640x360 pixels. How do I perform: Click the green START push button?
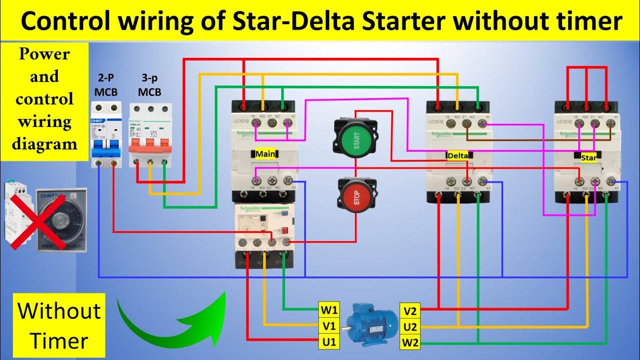tap(356, 136)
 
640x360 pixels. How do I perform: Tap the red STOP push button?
tap(356, 196)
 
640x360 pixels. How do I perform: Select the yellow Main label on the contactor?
tap(265, 154)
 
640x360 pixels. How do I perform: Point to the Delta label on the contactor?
tap(458, 155)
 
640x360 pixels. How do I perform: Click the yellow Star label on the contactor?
tap(588, 157)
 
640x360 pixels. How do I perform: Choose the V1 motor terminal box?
tap(329, 326)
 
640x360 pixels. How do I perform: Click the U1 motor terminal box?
tap(329, 342)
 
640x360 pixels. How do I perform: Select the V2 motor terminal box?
tap(410, 311)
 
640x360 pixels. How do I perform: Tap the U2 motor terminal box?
tap(410, 327)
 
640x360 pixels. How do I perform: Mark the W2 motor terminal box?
tap(410, 343)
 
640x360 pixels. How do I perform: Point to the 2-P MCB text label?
tap(105, 85)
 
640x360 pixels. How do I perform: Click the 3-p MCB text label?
tap(149, 85)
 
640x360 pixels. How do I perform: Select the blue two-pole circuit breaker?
tap(106, 135)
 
